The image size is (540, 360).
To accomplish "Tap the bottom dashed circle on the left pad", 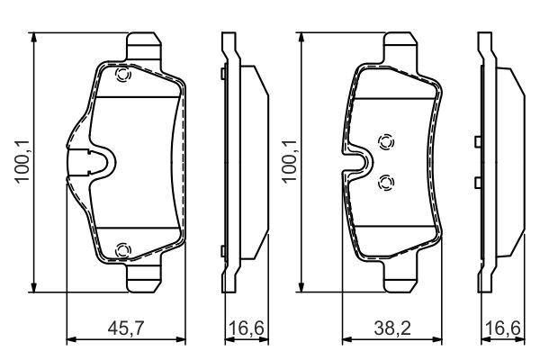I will pyautogui.click(x=123, y=249).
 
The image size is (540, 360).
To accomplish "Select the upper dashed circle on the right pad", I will pyautogui.click(x=386, y=142).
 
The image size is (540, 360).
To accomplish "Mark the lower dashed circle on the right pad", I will pyautogui.click(x=386, y=183).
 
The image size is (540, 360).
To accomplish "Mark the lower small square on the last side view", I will pyautogui.click(x=476, y=181).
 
